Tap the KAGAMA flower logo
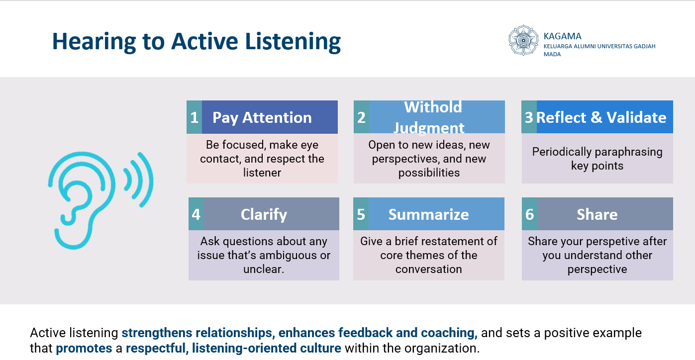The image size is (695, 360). [x=523, y=40]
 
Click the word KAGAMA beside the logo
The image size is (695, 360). [x=562, y=36]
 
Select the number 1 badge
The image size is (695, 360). [x=194, y=117]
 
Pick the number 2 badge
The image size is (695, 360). [x=361, y=117]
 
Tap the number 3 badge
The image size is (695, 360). [x=529, y=117]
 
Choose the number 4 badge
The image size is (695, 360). [x=196, y=214]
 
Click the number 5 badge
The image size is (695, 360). [x=361, y=214]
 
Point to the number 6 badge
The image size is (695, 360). [x=529, y=214]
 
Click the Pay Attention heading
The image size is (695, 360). [x=262, y=117]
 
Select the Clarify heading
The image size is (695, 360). [x=264, y=214]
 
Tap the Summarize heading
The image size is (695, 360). [x=428, y=214]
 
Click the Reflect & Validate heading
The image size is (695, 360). [x=601, y=117]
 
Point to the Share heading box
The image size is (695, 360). [x=597, y=214]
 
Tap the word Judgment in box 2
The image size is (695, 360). [x=429, y=128]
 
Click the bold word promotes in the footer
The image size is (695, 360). [x=84, y=348]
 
